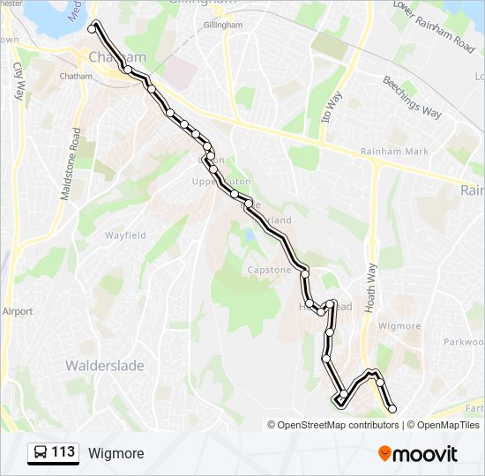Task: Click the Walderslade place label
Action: pos(104,366)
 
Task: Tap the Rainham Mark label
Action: pos(394,152)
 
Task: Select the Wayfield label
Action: pos(126,235)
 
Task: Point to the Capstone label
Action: pos(269,270)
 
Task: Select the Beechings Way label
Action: pos(412,97)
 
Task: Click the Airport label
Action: pos(17,311)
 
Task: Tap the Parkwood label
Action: pos(463,341)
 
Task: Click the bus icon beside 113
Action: pos(40,453)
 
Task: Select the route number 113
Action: pos(63,453)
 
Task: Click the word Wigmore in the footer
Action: pos(116,454)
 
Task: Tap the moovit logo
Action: pos(418,454)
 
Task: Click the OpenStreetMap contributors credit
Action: pos(332,425)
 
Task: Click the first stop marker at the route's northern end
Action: pos(92,29)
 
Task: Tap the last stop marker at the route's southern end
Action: pos(392,408)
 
